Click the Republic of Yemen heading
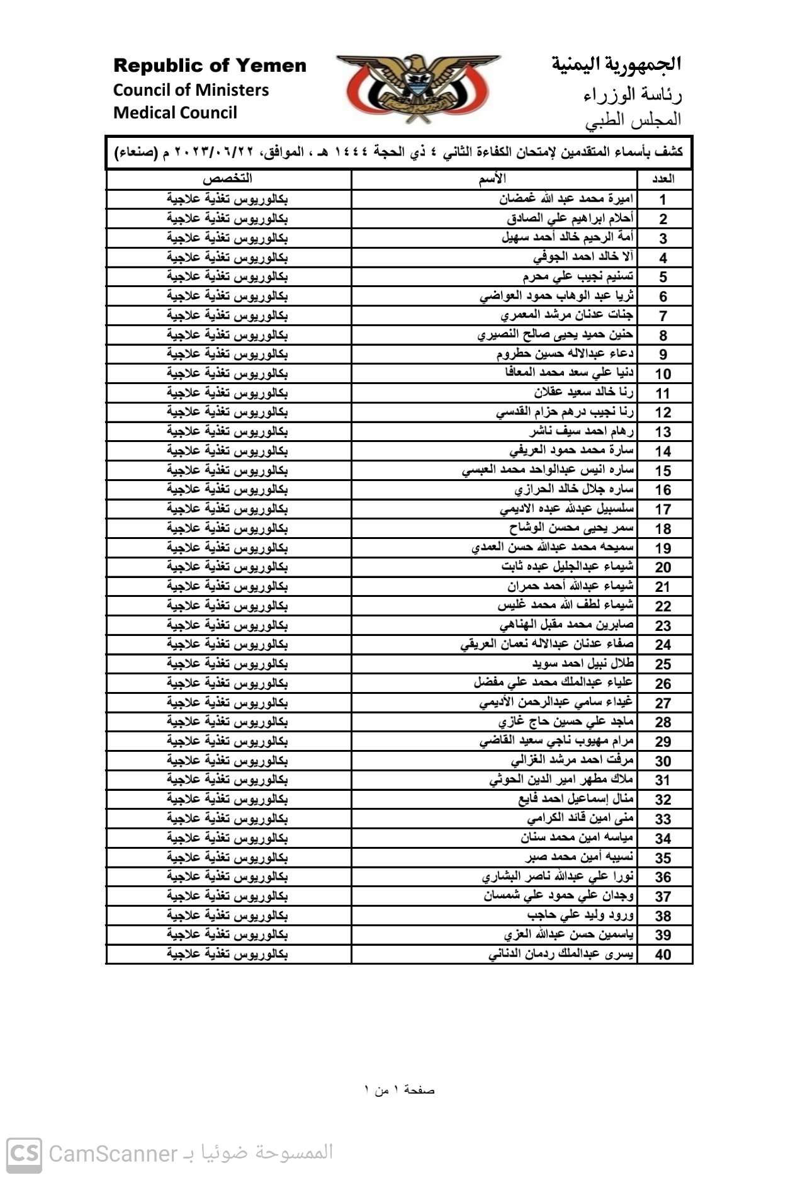210,65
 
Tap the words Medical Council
175,113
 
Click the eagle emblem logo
418,88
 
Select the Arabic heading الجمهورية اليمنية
616,64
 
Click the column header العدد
663,179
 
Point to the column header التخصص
227,179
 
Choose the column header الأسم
492,179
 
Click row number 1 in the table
663,200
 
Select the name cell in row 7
566,315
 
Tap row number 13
663,432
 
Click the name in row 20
567,567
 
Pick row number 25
663,664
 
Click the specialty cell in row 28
227,722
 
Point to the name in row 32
575,799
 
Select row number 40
663,955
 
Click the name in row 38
580,915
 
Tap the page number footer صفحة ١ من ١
400,1090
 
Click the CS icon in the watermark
25,1154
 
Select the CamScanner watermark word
113,1154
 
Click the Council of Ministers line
191,90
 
